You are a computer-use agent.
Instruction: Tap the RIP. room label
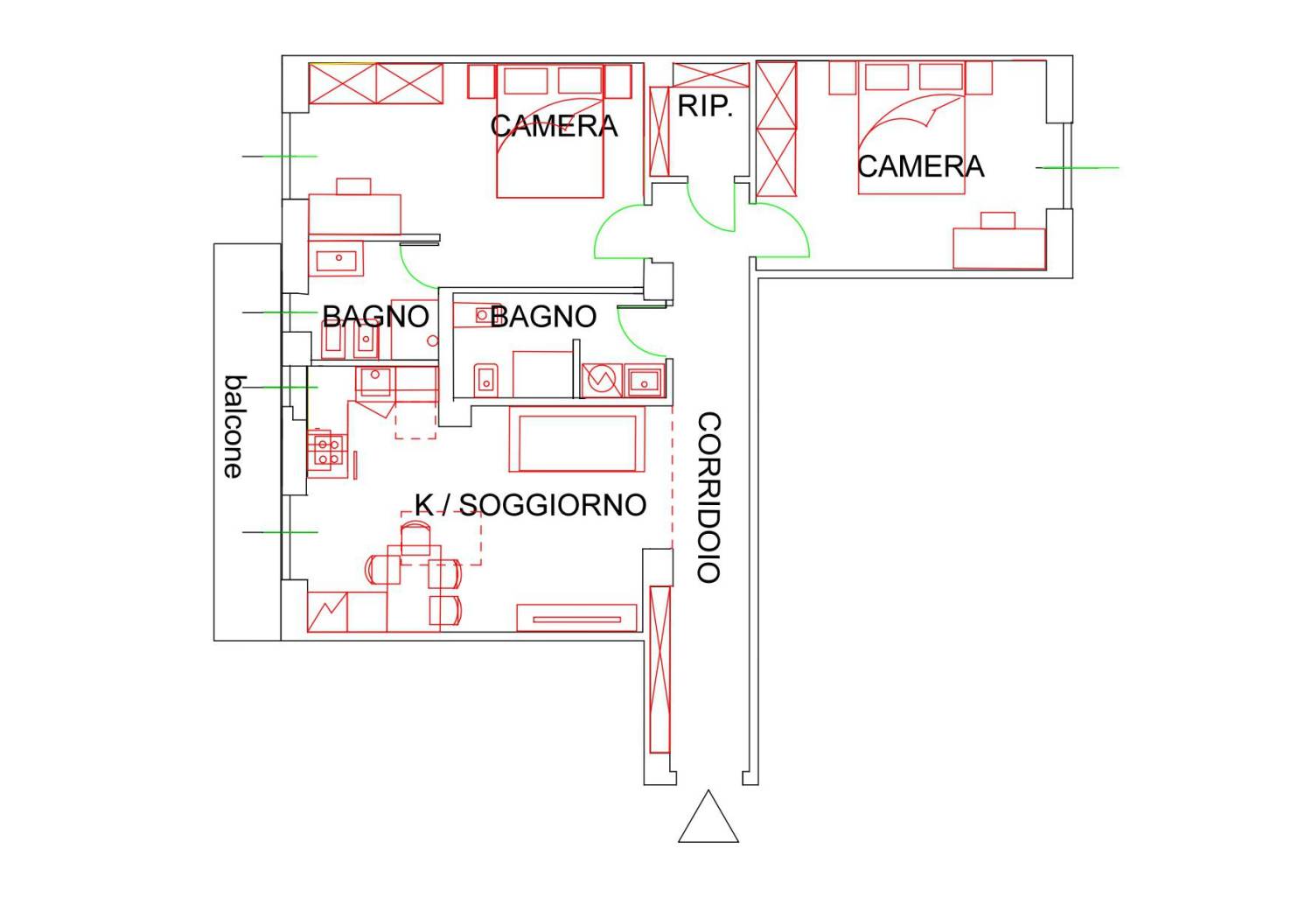pos(705,106)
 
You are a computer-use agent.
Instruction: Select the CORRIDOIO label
pos(708,497)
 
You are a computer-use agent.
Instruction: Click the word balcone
pos(234,427)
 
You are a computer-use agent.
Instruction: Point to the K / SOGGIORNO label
pos(531,505)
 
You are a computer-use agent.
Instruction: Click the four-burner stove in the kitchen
pos(328,452)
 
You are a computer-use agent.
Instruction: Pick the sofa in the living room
pos(576,439)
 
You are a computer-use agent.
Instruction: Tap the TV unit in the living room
pos(576,618)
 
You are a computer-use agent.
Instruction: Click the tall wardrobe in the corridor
pos(660,670)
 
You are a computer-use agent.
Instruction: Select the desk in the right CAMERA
pos(999,249)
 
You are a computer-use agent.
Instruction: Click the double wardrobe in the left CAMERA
pos(376,84)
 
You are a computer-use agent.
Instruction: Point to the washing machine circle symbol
pos(602,380)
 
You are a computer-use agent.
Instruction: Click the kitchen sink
pos(375,382)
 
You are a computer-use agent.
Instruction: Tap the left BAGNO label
pos(375,317)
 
